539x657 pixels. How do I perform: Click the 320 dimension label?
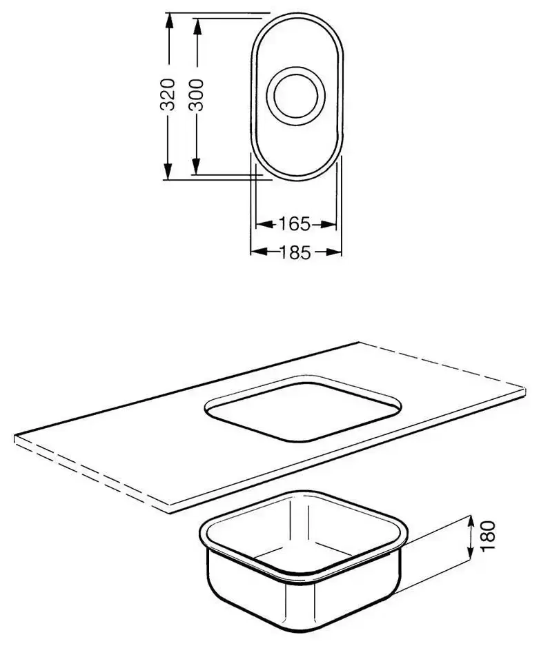[168, 94]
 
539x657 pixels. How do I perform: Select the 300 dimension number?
[196, 95]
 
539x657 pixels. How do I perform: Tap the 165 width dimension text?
[295, 224]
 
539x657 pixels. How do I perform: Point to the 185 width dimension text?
[295, 252]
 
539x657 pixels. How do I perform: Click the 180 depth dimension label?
[488, 536]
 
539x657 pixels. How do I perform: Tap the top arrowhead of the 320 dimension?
[168, 21]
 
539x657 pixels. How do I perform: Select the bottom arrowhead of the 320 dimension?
[168, 172]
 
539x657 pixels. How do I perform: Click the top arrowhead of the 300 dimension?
[197, 26]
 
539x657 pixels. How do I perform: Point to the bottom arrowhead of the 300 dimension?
[196, 165]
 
